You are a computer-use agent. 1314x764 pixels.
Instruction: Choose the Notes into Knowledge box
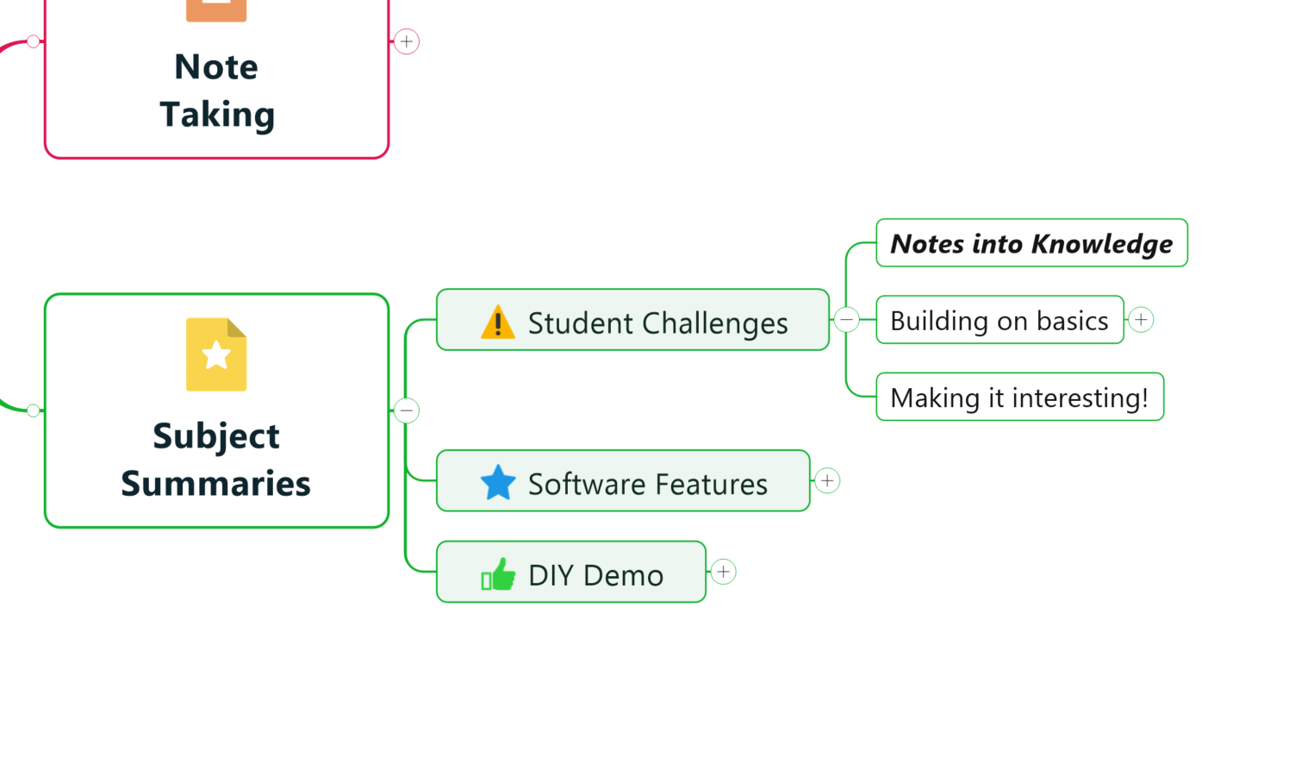coord(1031,244)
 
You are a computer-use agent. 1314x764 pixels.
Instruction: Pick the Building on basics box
coord(999,321)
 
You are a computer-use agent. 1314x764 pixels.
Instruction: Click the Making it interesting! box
coord(1018,398)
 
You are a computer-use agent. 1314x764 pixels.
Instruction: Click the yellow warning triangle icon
coord(498,323)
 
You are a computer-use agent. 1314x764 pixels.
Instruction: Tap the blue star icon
coord(498,483)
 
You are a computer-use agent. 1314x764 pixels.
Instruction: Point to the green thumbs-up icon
coord(498,574)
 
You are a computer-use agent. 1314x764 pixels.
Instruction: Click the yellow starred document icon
coord(216,354)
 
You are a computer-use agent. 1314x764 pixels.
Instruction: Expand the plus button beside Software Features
coord(827,481)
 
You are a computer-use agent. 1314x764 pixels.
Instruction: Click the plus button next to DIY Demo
coord(724,572)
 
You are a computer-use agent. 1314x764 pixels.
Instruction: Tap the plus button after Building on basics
coord(1142,320)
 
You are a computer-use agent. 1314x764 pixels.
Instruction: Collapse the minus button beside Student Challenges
coord(847,320)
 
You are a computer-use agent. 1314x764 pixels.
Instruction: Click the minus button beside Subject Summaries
coord(407,410)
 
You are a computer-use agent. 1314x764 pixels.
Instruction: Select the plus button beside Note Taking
coord(407,41)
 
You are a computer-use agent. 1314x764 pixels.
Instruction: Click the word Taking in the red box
coord(217,115)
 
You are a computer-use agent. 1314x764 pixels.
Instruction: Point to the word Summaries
coord(215,484)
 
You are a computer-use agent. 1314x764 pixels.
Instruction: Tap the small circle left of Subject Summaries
coord(33,410)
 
